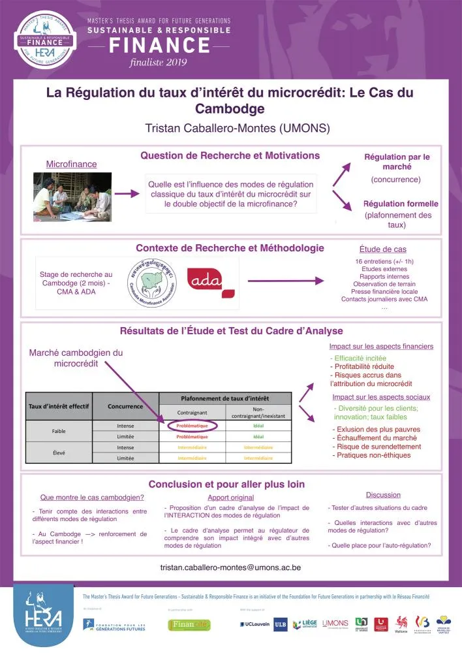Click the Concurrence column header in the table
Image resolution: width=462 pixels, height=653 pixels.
(x=126, y=406)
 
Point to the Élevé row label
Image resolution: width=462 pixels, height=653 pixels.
(x=59, y=453)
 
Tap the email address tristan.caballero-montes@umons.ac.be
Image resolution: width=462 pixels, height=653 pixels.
(x=230, y=567)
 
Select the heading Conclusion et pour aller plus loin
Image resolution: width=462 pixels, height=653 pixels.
(x=226, y=484)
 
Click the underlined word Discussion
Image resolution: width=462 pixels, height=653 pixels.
(x=383, y=495)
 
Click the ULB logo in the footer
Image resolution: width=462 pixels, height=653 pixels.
(x=280, y=625)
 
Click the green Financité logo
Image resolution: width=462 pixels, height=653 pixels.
(x=189, y=625)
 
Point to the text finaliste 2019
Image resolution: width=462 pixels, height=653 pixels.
(x=159, y=62)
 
